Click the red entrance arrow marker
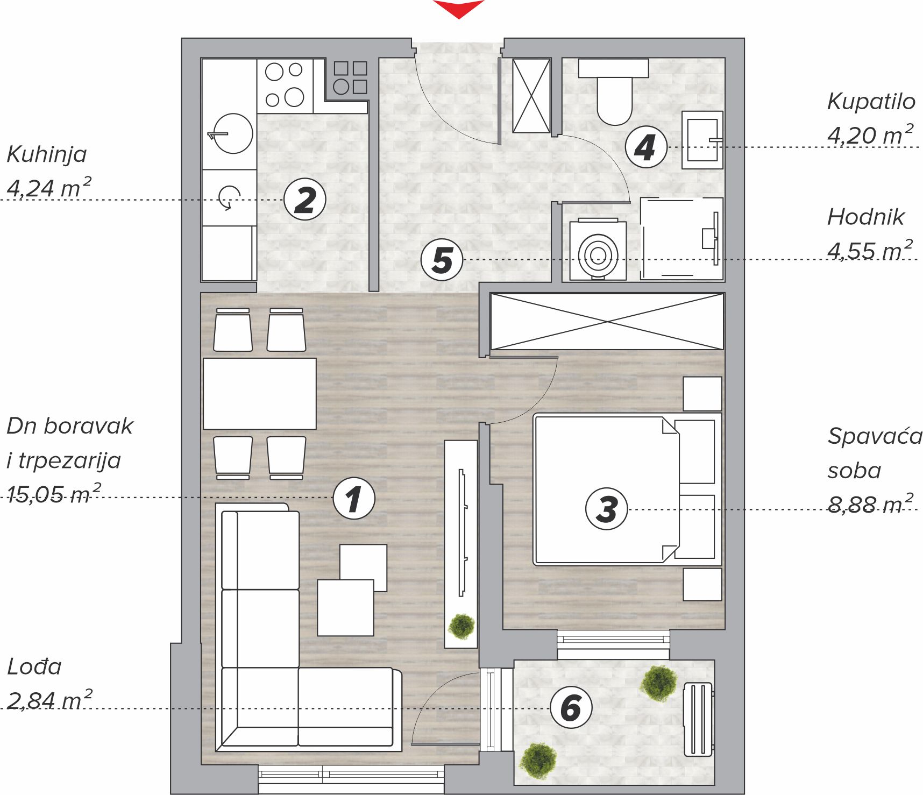pos(459,8)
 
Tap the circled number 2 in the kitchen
pos(305,200)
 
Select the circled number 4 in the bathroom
pos(647,147)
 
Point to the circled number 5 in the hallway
pos(442,260)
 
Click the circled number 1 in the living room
pos(354,498)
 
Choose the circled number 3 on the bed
pos(607,509)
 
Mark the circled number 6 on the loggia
pos(571,707)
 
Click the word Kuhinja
pos(47,154)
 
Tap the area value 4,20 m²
pos(870,134)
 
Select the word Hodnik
pos(866,217)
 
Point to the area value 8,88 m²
pos(870,503)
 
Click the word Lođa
pos(34,666)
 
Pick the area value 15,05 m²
pos(54,493)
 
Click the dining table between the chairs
pos(260,394)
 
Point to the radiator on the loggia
pos(698,719)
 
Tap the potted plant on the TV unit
pos(461,626)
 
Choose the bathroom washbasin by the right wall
pos(702,140)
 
